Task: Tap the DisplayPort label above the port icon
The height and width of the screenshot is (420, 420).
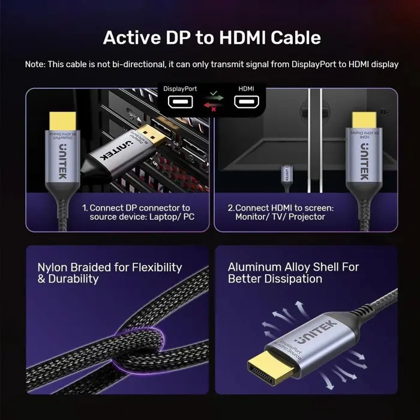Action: click(180, 89)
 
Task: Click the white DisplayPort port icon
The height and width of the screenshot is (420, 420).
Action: click(180, 103)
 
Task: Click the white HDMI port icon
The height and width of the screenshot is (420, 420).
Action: click(246, 103)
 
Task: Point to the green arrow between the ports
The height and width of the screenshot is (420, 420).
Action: click(212, 97)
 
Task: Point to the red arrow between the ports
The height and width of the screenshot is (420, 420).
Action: click(212, 107)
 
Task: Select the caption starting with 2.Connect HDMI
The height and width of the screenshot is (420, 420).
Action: click(280, 212)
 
